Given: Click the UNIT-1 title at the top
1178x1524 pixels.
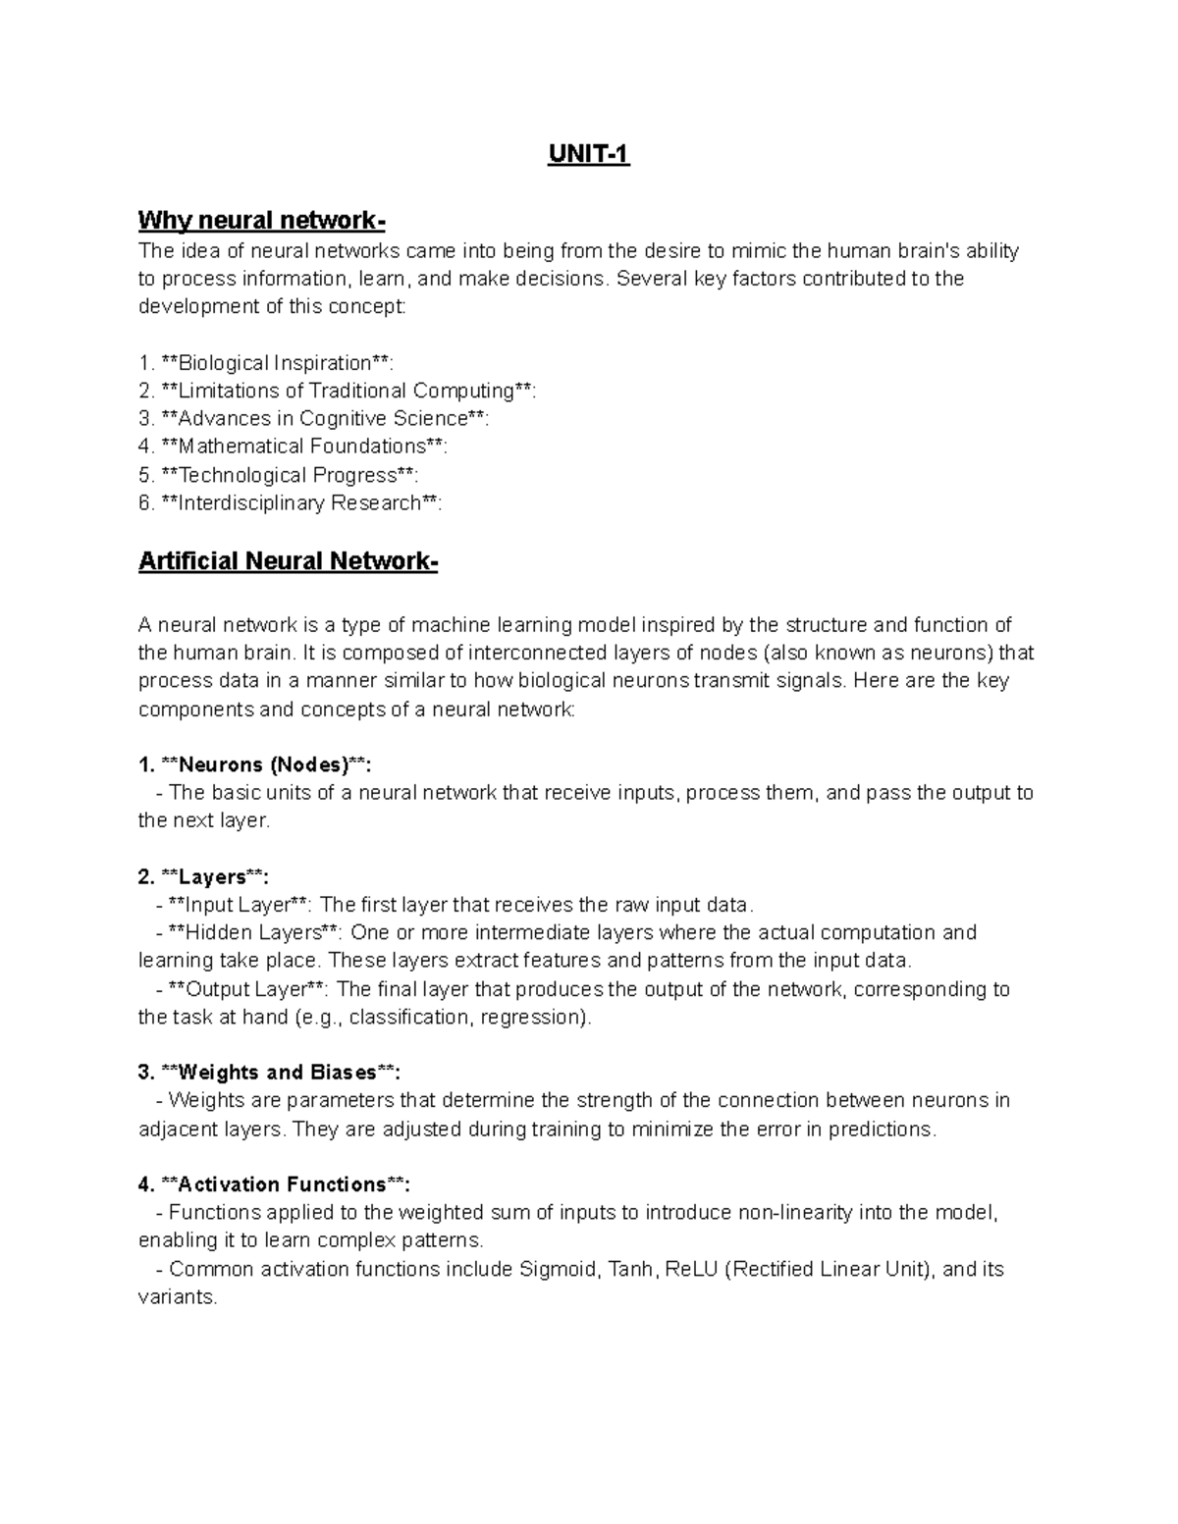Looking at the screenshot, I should pyautogui.click(x=588, y=155).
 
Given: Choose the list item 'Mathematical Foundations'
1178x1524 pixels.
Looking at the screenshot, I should pyautogui.click(x=300, y=447).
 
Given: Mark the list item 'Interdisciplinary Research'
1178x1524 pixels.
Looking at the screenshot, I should pyautogui.click(x=298, y=503).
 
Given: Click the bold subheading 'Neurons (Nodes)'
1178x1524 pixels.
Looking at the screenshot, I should pyautogui.click(x=262, y=764).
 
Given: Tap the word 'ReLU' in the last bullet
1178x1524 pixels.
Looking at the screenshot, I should pyautogui.click(x=691, y=1269).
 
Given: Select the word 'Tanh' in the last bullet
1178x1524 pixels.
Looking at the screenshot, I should pyautogui.click(x=630, y=1269).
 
